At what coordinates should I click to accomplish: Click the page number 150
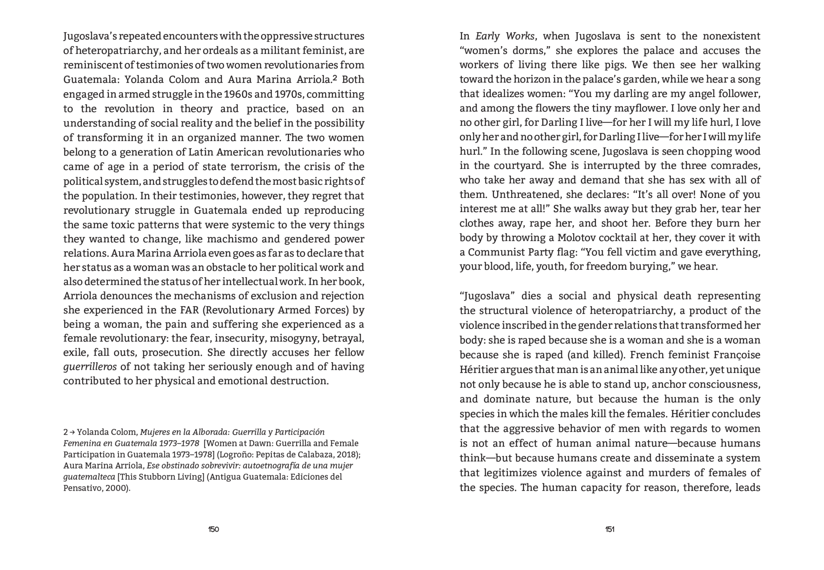(213, 529)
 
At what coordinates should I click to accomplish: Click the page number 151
(610, 529)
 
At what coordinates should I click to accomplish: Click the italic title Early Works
(505, 36)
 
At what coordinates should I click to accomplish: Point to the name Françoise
(737, 355)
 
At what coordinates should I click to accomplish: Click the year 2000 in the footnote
(117, 489)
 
